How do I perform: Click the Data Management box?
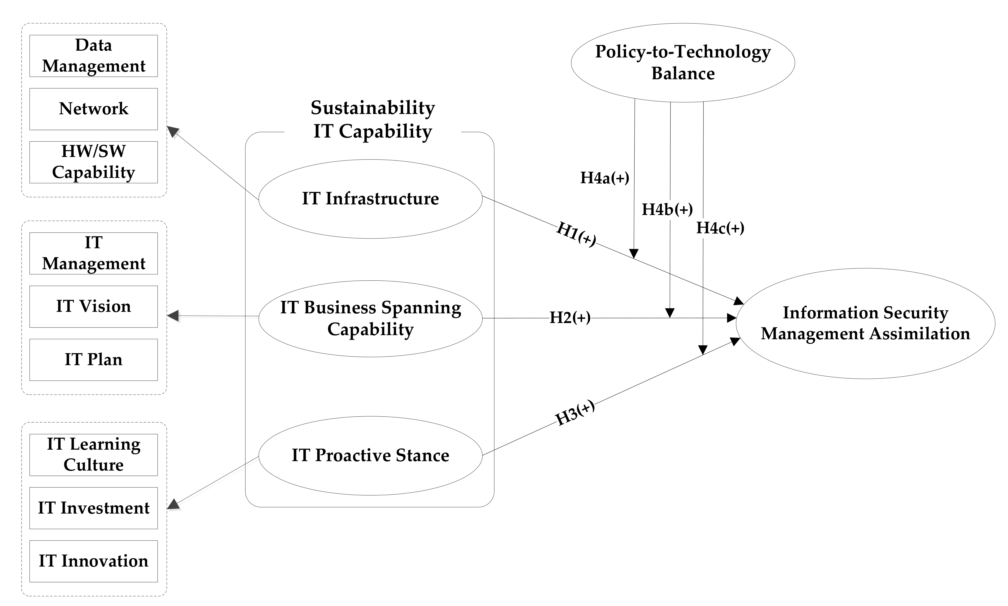(x=93, y=56)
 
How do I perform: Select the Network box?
(x=93, y=109)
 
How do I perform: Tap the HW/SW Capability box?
(x=93, y=162)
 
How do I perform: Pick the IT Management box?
(x=93, y=254)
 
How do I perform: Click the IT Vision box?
(x=93, y=307)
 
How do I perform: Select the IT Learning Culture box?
(x=93, y=455)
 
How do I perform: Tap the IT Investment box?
(x=93, y=508)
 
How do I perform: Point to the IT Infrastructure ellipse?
(x=370, y=199)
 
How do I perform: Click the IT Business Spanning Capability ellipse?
(x=370, y=319)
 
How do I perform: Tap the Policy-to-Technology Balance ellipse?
(x=683, y=62)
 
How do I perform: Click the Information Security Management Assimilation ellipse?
(x=865, y=323)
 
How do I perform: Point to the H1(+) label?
(x=576, y=234)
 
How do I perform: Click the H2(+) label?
(x=570, y=318)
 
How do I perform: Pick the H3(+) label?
(x=575, y=414)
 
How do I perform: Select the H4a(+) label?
(x=605, y=178)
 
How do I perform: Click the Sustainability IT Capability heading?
(x=372, y=120)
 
